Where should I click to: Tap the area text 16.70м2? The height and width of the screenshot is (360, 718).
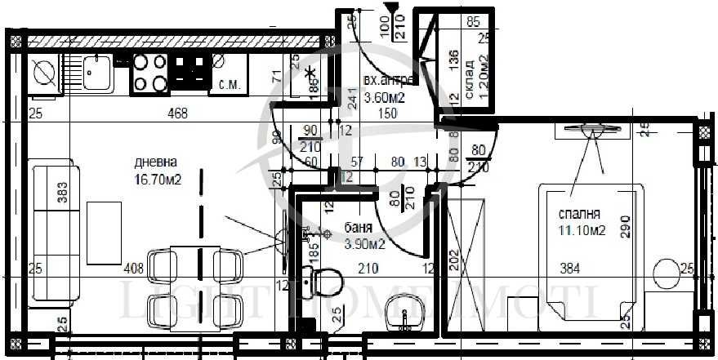click(x=158, y=180)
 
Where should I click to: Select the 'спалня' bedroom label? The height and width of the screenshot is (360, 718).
click(x=575, y=214)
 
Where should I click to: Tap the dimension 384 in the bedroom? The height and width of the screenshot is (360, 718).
click(x=570, y=268)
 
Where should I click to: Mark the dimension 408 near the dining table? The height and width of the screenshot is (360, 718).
click(x=133, y=268)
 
